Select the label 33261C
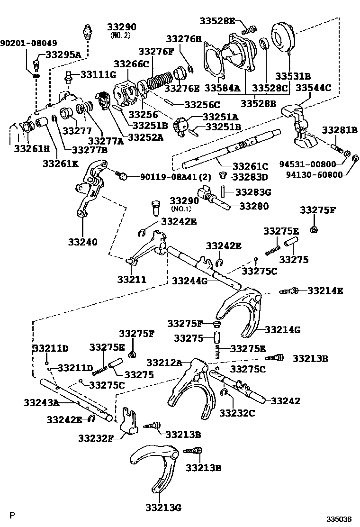[x=250, y=166]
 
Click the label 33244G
[x=189, y=281]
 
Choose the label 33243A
[x=41, y=403]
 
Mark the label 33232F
[x=96, y=437]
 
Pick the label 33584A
[x=222, y=88]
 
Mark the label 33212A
[x=164, y=363]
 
